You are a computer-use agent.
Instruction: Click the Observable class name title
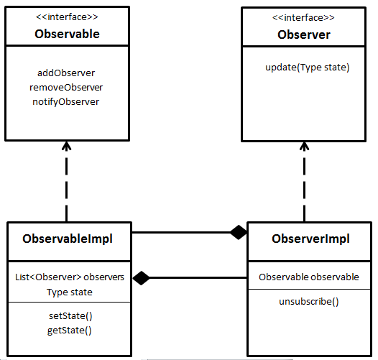coord(67,34)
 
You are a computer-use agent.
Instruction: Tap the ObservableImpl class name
coord(68,239)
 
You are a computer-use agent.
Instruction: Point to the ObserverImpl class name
coord(311,239)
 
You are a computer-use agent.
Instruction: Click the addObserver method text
coord(65,73)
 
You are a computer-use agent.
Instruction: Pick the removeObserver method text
coord(66,87)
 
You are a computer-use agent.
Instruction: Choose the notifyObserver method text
coord(66,101)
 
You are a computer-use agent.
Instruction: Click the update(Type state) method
coord(307,68)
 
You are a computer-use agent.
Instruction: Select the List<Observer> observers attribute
coord(69,277)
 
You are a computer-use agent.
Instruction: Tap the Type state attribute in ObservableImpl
coord(69,292)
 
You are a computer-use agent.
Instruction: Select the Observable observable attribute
coord(309,277)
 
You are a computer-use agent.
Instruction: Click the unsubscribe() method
coord(309,301)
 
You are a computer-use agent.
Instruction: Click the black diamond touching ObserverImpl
coord(237,232)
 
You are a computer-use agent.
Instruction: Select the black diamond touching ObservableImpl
coord(141,277)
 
